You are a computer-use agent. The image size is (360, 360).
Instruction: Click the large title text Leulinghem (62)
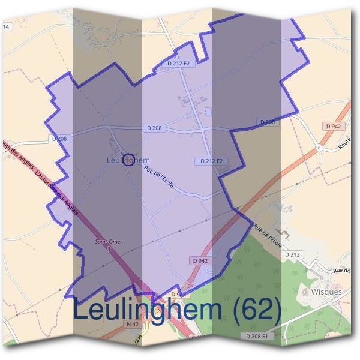[x=178, y=310]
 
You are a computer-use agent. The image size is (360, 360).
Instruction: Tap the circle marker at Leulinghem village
[x=128, y=160]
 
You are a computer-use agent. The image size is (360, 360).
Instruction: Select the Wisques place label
[x=327, y=292]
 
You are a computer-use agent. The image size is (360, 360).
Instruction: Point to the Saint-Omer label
[x=109, y=241]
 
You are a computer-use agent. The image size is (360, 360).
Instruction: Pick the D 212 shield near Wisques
[x=292, y=255]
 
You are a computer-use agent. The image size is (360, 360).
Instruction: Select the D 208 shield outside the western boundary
[x=58, y=139]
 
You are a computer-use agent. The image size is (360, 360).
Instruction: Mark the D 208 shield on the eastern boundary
[x=268, y=122]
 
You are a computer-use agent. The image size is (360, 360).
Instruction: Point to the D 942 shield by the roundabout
[x=334, y=127]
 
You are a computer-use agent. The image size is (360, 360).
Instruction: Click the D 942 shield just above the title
[x=201, y=260]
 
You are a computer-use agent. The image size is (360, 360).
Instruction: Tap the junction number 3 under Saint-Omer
[x=109, y=248]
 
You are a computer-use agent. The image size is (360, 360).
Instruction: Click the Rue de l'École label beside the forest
[x=268, y=235]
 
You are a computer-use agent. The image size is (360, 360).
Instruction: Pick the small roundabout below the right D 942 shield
[x=320, y=147]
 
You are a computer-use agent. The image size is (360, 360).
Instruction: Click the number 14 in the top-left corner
[x=7, y=27]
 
